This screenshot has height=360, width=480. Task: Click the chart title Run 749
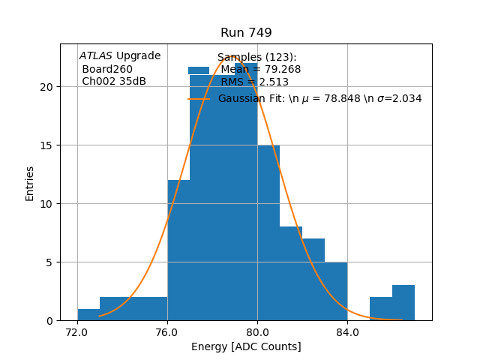pos(246,33)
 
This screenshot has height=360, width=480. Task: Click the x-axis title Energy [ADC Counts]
pos(246,346)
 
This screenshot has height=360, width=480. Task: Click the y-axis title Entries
pos(30,182)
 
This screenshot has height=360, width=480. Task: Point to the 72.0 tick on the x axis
pos(77,331)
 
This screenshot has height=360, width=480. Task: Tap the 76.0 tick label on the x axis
pos(167,331)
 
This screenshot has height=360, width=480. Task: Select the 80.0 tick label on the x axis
pos(257,331)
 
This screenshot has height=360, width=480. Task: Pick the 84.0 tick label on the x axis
pos(347,331)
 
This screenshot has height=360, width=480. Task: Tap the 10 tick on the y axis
pos(48,204)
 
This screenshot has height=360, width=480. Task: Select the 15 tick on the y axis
pos(48,145)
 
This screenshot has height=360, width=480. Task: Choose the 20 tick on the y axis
pos(48,87)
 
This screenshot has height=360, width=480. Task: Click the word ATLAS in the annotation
pos(96,56)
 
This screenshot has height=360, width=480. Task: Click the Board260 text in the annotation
pos(107,70)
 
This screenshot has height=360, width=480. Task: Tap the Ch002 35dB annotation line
pos(114,82)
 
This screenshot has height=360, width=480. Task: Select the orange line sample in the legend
pos(199,98)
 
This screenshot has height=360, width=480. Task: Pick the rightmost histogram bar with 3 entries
pos(403,303)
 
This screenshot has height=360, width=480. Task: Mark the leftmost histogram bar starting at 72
pos(88,315)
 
